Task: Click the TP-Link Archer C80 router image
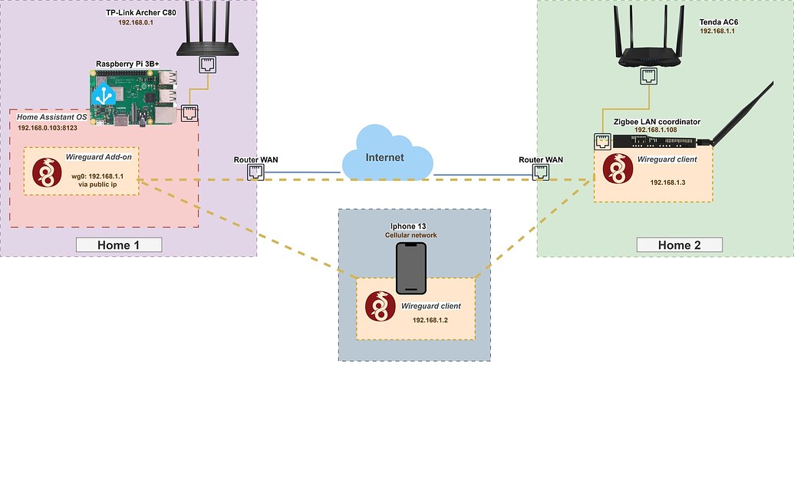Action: (x=208, y=34)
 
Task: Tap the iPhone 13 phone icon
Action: (x=411, y=268)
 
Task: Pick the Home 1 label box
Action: (x=118, y=245)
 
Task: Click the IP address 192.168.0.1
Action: (x=136, y=23)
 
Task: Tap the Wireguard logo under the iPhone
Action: (x=379, y=306)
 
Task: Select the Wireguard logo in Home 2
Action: (x=616, y=169)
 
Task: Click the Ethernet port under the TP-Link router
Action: (x=208, y=64)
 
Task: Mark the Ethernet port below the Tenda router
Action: (x=649, y=75)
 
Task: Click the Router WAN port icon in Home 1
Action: (x=255, y=172)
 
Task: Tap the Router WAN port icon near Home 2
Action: (x=541, y=172)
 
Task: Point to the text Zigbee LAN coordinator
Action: (x=657, y=122)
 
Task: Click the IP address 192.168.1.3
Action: (x=667, y=182)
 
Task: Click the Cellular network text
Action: (x=411, y=235)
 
